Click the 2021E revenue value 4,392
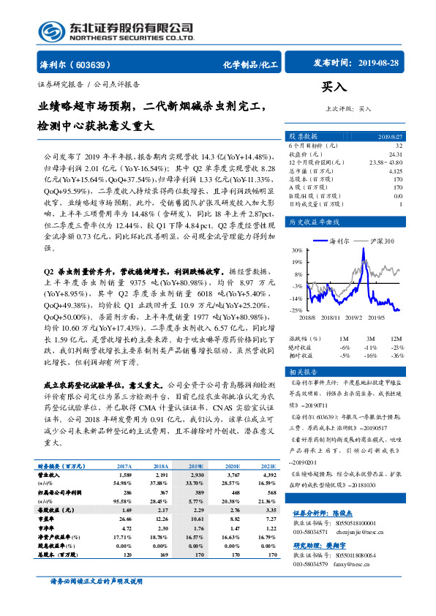pos(268,475)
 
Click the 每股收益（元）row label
pos(59,508)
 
